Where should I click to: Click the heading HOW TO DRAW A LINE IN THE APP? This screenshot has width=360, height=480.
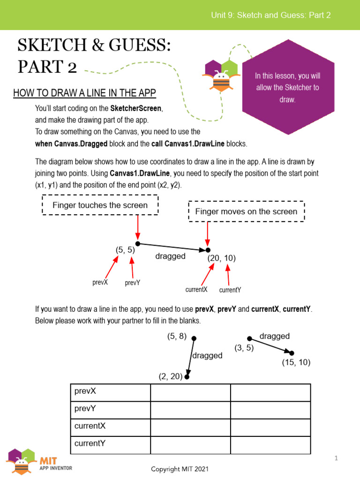click(x=84, y=93)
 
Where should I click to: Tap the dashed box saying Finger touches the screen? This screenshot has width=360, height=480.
click(x=100, y=205)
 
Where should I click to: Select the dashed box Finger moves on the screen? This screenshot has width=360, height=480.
click(x=246, y=211)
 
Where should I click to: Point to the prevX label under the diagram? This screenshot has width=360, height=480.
click(x=100, y=283)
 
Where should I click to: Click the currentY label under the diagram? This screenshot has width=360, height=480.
click(x=230, y=290)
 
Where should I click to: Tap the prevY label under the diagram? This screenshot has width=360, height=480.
click(x=133, y=283)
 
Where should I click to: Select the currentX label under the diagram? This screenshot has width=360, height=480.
click(x=196, y=290)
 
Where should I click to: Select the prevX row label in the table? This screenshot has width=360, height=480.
click(x=85, y=391)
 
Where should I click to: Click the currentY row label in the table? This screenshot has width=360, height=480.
click(x=90, y=443)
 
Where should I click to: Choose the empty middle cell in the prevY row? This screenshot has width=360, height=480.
click(x=190, y=409)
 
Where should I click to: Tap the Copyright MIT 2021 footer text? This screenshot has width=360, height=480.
click(x=180, y=469)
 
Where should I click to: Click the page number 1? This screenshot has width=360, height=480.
click(x=336, y=458)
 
